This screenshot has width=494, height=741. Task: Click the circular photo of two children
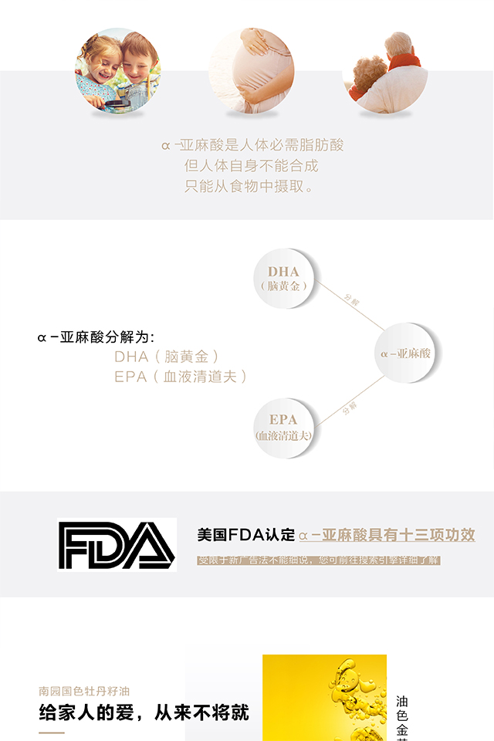117,72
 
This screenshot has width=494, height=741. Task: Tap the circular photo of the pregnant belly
252,72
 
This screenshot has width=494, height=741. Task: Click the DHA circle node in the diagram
283,278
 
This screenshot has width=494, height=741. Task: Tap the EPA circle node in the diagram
283,428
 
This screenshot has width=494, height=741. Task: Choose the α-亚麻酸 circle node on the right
406,353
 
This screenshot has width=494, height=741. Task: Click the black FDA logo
117,546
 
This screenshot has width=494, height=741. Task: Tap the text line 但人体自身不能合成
252,165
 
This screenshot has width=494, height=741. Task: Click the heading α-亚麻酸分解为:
96,337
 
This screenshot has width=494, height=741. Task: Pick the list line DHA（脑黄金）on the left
167,357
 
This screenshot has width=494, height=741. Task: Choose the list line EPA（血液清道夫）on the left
181,377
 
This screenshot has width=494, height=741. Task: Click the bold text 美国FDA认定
246,535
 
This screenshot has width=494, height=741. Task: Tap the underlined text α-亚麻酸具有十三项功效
387,535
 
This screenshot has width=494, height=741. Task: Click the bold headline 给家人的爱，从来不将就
144,712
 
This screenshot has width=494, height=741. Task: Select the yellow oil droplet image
324,699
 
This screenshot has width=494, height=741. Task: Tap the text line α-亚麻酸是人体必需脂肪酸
252,144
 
